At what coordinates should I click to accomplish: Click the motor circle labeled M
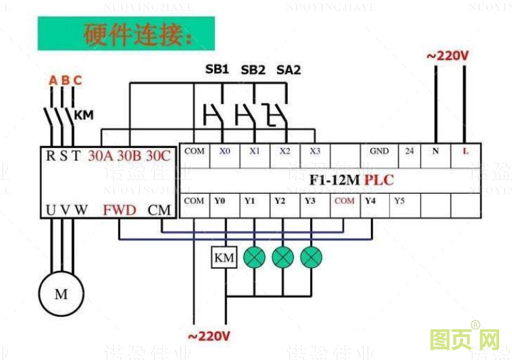pyautogui.click(x=61, y=294)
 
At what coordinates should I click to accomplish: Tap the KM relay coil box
pyautogui.click(x=224, y=257)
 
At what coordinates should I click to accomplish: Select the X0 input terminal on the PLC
pyautogui.click(x=224, y=151)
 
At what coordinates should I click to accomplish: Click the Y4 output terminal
pyautogui.click(x=370, y=201)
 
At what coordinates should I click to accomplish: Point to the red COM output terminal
pyautogui.click(x=344, y=201)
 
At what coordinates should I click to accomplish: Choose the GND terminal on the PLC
pyautogui.click(x=379, y=151)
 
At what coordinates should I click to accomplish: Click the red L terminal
pyautogui.click(x=465, y=151)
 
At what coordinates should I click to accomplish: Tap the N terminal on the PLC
pyautogui.click(x=435, y=151)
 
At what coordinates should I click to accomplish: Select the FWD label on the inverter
pyautogui.click(x=120, y=210)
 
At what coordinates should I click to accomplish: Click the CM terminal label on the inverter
pyautogui.click(x=159, y=210)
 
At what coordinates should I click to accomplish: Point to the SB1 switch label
pyautogui.click(x=217, y=69)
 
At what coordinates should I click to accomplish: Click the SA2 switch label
pyautogui.click(x=289, y=69)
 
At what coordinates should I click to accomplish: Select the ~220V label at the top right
pyautogui.click(x=447, y=56)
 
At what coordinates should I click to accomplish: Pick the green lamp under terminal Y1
pyautogui.click(x=254, y=257)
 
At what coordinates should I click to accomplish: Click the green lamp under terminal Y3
pyautogui.click(x=311, y=257)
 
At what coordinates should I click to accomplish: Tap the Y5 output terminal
pyautogui.click(x=399, y=201)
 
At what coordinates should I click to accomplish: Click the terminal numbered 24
pyautogui.click(x=409, y=151)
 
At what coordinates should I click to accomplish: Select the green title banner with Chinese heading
pyautogui.click(x=126, y=34)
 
